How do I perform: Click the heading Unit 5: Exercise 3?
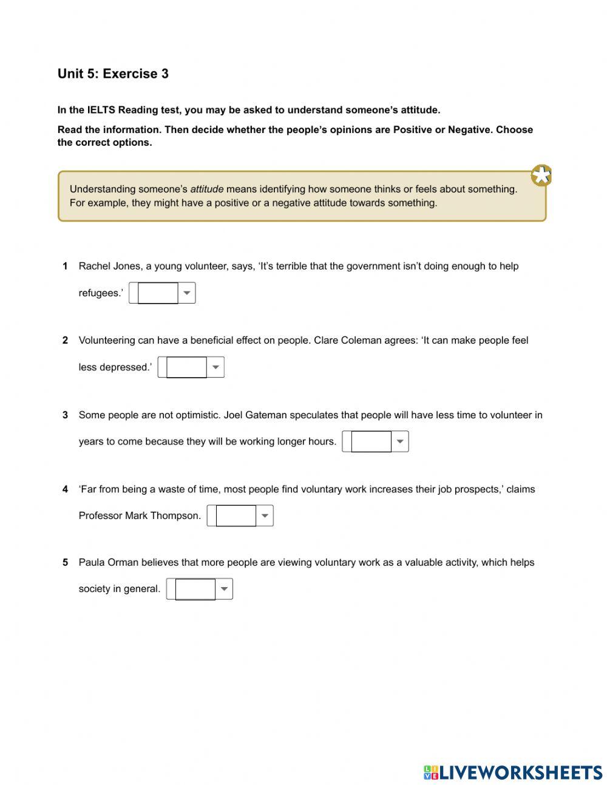click(x=113, y=74)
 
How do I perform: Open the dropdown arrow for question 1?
click(x=187, y=293)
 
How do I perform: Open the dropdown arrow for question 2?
click(x=215, y=367)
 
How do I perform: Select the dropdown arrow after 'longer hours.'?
click(x=400, y=441)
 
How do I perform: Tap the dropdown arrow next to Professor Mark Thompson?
click(x=265, y=515)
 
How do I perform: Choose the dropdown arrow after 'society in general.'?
click(x=224, y=589)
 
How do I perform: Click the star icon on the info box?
click(x=541, y=175)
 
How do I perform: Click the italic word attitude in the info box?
click(x=207, y=189)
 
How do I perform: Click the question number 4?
click(x=65, y=489)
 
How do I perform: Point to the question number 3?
click(x=65, y=415)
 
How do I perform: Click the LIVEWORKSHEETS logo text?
click(x=520, y=772)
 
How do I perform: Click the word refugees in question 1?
click(x=99, y=293)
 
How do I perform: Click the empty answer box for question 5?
click(x=195, y=589)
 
